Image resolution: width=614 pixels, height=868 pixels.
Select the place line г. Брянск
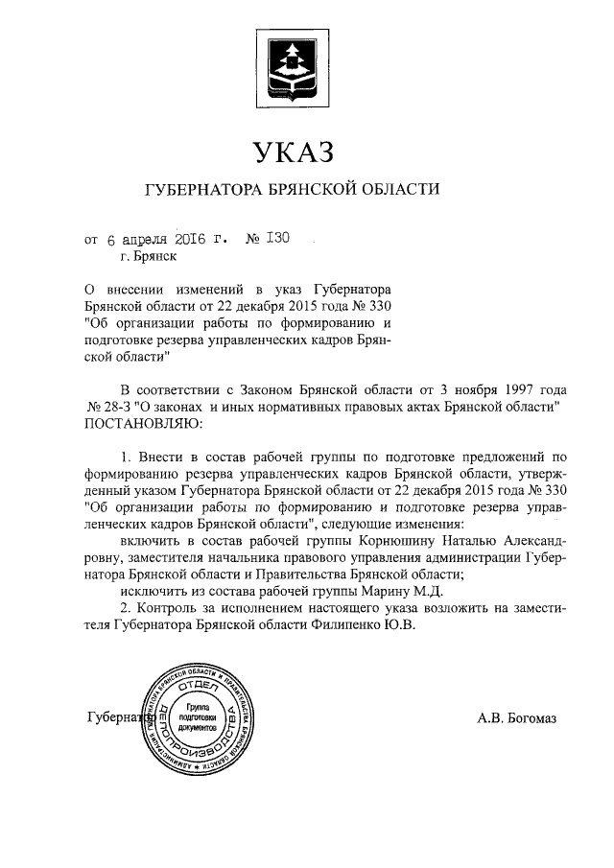149,256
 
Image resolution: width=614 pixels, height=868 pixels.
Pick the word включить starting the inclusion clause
150,541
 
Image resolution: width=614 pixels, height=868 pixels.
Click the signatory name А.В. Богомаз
516,717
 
